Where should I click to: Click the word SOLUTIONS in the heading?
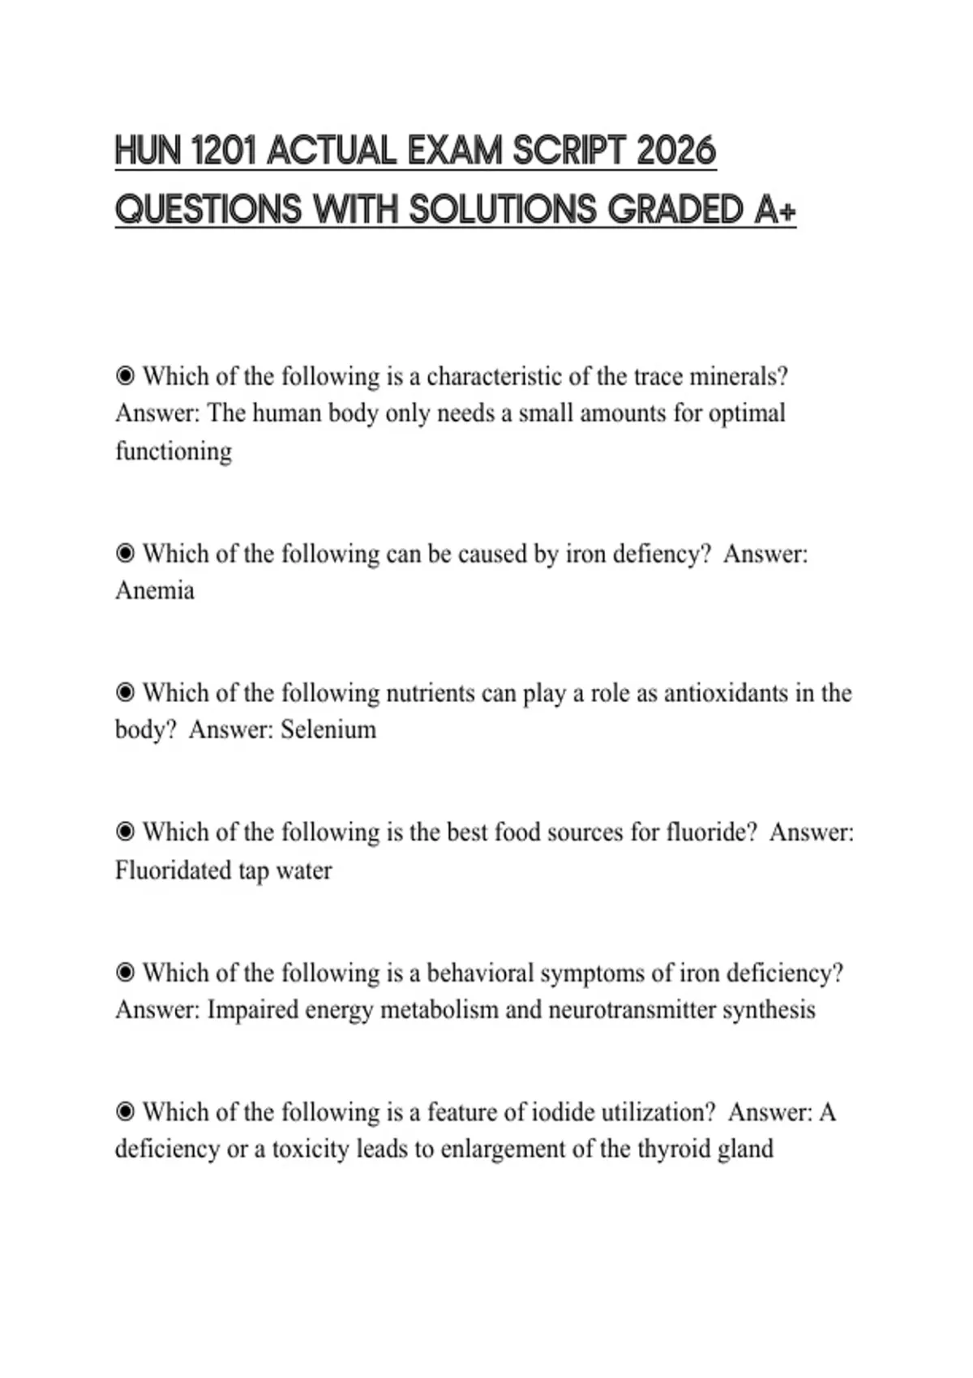(x=502, y=210)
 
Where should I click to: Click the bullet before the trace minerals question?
(x=125, y=376)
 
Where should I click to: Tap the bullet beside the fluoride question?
(x=125, y=832)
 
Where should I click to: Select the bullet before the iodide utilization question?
(x=125, y=1111)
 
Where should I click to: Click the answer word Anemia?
(x=155, y=590)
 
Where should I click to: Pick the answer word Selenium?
(x=328, y=730)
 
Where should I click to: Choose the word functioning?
(x=174, y=451)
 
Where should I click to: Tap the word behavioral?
(x=480, y=973)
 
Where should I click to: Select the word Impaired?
(x=253, y=1010)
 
